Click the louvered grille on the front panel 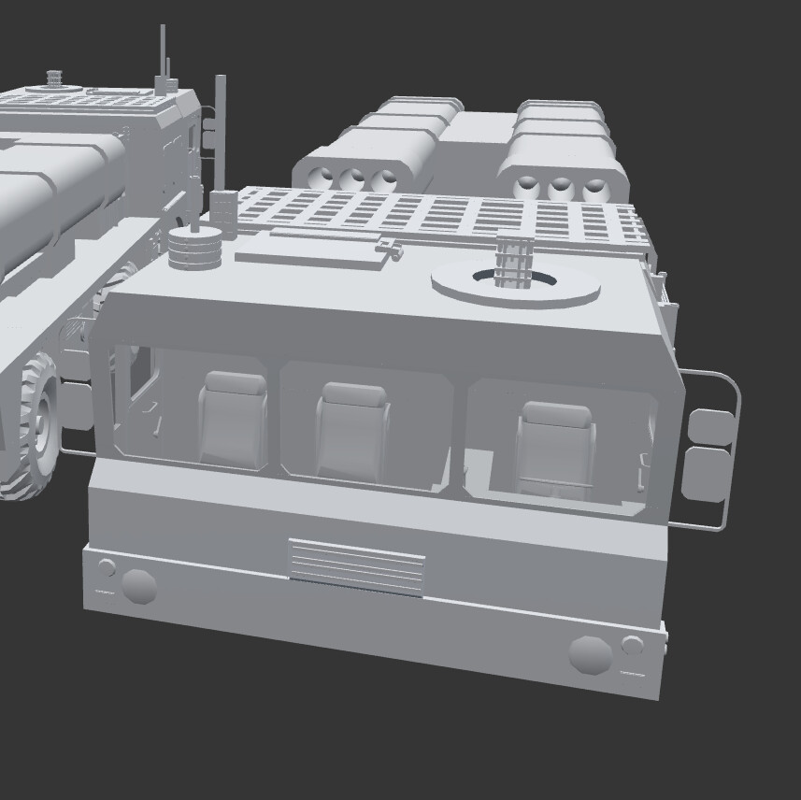[356, 566]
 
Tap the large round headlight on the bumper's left [139, 586]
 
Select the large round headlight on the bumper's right [590, 654]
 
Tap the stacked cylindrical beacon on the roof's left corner [194, 246]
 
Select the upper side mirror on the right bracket [709, 426]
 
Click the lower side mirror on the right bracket [705, 475]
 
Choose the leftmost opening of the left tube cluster [323, 178]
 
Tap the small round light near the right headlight [633, 645]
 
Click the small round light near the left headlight [107, 566]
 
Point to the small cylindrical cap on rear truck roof [53, 76]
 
